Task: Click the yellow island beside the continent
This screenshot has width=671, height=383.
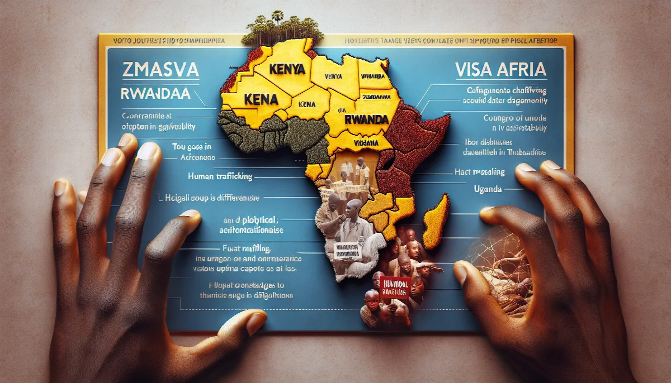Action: click(434, 221)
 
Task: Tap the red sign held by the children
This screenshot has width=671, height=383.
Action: click(395, 288)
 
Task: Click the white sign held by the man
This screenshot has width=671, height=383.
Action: click(346, 250)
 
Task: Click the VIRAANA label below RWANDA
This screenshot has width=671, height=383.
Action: click(365, 143)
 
